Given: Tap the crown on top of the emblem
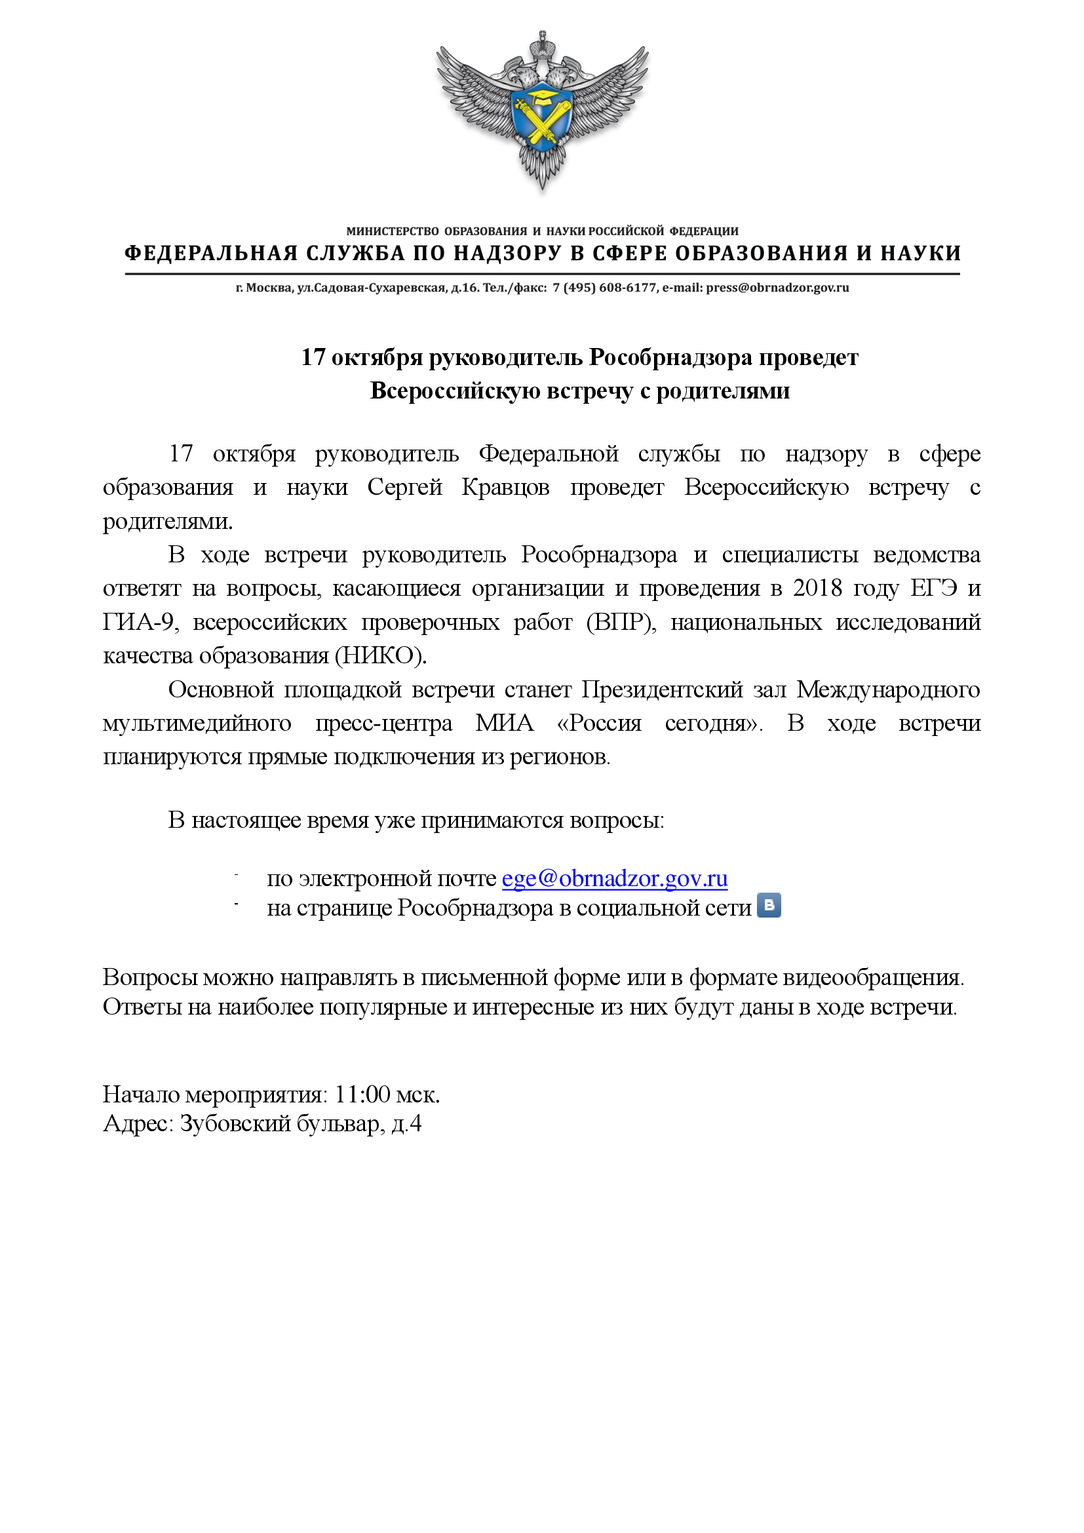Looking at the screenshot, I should (x=542, y=46).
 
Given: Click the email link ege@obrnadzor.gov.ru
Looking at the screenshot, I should (x=614, y=879).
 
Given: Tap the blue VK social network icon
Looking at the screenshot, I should (x=769, y=905).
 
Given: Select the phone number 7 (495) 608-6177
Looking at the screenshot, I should (x=605, y=288).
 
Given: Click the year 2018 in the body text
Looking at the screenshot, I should (x=818, y=588).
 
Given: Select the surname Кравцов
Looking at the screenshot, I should (x=505, y=488).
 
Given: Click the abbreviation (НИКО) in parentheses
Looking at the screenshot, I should (x=380, y=655).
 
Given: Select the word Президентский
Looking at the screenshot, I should (x=661, y=689).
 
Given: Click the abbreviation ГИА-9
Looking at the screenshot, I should (x=139, y=622).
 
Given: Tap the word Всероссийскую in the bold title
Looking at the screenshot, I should (x=454, y=391).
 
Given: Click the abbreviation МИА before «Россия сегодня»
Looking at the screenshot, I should (x=505, y=723).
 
